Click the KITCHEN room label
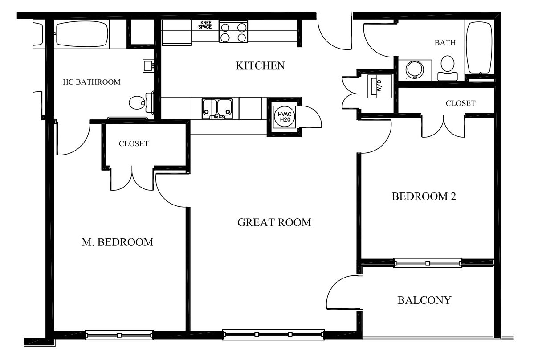coord(261,65)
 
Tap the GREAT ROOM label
coord(274,222)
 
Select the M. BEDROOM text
coord(118,242)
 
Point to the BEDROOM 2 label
coord(424,196)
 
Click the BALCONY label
coord(424,300)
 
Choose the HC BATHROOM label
coord(91,82)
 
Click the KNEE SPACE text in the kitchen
coord(205,25)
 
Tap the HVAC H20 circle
coord(285,117)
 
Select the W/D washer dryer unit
coord(380,86)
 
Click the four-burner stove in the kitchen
coord(233,32)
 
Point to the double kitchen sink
coord(217,109)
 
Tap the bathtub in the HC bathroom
coord(82,34)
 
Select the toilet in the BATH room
coord(448,68)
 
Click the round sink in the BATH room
coord(415,70)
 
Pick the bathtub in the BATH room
coord(479,48)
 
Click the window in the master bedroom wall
coord(119,335)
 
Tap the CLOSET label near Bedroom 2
coord(461,103)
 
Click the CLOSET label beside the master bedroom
coord(134,144)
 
